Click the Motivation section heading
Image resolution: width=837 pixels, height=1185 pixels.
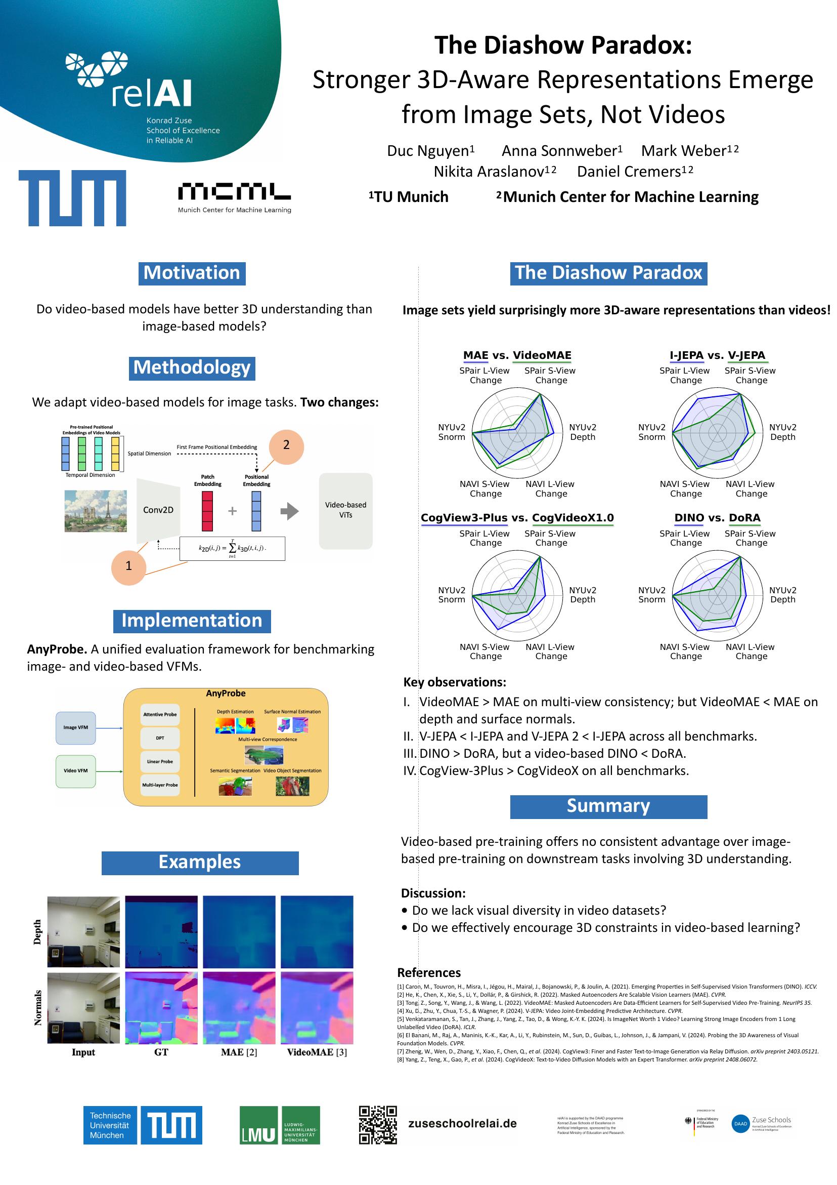(x=192, y=273)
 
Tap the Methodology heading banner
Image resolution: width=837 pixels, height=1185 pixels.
(x=192, y=368)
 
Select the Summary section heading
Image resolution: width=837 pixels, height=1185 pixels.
(x=608, y=806)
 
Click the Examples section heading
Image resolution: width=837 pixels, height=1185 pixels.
(x=200, y=863)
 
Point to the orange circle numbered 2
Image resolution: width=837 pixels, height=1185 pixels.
(x=286, y=445)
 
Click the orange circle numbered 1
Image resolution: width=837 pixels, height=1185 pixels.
(x=128, y=566)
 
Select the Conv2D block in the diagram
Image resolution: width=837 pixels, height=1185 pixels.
(x=158, y=510)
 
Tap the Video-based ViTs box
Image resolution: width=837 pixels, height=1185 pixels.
(x=345, y=510)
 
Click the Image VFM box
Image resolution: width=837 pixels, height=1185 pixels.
(x=76, y=727)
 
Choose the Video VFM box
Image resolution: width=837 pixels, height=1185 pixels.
(x=76, y=770)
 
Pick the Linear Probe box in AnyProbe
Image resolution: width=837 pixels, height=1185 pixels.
(x=160, y=761)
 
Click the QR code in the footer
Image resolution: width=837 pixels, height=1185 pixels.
(x=378, y=1125)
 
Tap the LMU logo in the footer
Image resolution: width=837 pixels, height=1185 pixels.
(x=280, y=1125)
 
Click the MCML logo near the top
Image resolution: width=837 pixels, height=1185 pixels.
(x=234, y=196)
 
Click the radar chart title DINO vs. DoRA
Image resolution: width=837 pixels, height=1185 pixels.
(x=717, y=518)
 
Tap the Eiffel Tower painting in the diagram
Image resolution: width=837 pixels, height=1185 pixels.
(x=96, y=510)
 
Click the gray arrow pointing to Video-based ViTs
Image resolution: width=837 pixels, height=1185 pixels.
(x=289, y=511)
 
